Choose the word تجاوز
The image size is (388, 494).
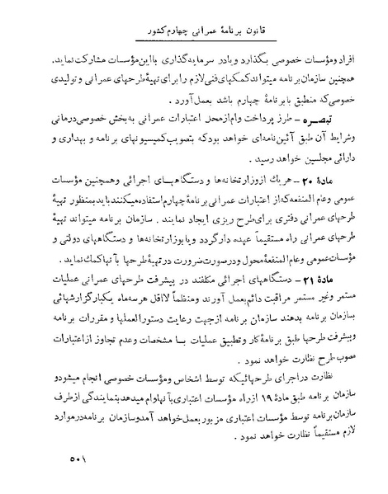(99, 336)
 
